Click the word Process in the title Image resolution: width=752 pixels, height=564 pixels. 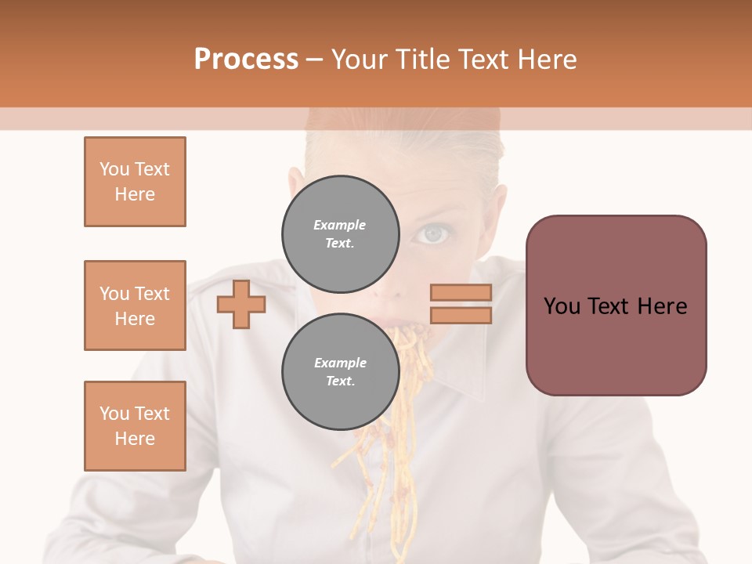(246, 60)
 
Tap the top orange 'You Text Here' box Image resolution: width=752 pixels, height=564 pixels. (135, 182)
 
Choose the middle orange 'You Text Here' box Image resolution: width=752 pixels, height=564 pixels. (135, 305)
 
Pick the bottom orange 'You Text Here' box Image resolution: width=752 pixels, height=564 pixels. (135, 426)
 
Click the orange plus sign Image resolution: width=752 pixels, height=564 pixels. (240, 305)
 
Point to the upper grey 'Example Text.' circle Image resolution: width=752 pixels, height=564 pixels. (340, 233)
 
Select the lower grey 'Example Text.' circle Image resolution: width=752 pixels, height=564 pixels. (340, 371)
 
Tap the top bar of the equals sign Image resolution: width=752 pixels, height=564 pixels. (461, 293)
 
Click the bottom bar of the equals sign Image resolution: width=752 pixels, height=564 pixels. (461, 315)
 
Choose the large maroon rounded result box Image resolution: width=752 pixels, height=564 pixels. (616, 305)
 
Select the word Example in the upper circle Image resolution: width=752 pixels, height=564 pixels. (339, 225)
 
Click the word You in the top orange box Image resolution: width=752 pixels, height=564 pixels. (114, 169)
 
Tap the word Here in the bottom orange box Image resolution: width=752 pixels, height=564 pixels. (135, 439)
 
